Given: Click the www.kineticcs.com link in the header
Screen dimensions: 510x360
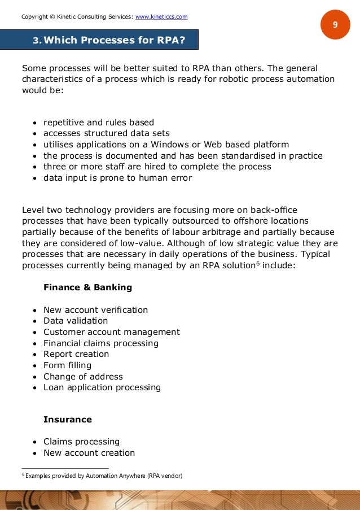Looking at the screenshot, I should coord(161,16).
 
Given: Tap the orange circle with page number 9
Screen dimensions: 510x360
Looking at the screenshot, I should coord(335,25).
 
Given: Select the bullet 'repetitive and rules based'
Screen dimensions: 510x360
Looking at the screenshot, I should coord(98,123).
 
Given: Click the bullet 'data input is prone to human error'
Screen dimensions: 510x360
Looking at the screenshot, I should coord(117,178).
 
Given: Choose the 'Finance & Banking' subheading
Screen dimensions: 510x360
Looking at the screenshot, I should coord(87,287).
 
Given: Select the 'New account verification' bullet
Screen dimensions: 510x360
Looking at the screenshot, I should coord(95,310).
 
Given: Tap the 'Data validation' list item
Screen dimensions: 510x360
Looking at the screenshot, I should coord(76,321).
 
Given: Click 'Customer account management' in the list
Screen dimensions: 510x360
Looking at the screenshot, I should coord(111,332).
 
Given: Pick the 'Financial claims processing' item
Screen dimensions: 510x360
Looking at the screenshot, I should coord(100,343).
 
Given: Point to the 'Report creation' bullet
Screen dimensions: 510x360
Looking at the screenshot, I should coord(76,354).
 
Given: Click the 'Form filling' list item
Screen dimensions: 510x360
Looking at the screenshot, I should coord(67,365).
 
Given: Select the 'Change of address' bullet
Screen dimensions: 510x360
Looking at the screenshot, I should coord(83,377).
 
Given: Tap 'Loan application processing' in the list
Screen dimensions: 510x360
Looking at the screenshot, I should coord(102,387).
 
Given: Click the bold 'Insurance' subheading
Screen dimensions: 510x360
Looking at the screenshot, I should coord(67,420).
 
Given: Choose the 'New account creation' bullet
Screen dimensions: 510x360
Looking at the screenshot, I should coord(89,453).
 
